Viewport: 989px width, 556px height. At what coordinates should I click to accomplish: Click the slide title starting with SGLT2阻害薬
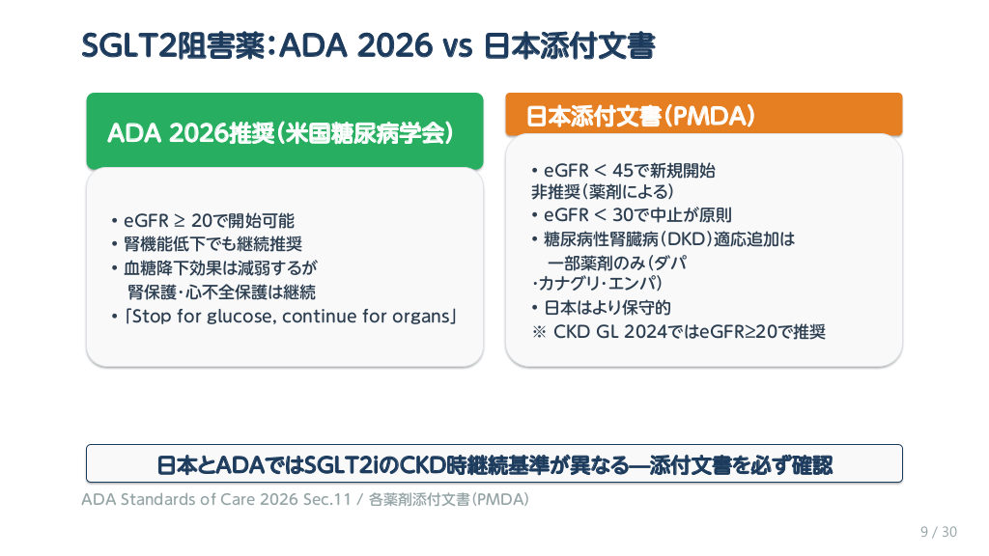click(368, 46)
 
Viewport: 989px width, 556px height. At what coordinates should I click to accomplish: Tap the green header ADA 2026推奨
click(285, 131)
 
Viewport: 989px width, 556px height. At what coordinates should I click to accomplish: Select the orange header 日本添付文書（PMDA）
click(704, 115)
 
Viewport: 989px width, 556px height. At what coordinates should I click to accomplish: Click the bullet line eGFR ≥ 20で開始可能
click(203, 221)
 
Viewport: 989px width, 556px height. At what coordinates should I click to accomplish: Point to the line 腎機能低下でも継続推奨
click(207, 244)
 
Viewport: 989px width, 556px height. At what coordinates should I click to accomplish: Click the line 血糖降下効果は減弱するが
click(213, 268)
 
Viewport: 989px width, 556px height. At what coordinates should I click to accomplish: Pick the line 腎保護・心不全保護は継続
click(221, 292)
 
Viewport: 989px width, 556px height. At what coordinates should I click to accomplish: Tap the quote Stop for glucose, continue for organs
click(284, 316)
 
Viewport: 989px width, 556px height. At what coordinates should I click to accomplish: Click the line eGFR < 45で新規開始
click(623, 170)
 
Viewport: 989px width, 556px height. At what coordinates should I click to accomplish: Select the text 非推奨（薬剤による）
click(603, 192)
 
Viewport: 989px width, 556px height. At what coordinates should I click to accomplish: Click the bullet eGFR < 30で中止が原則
click(632, 215)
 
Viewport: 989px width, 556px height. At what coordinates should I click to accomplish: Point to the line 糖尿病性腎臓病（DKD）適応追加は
click(663, 239)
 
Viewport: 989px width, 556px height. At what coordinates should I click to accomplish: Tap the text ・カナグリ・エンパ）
click(597, 283)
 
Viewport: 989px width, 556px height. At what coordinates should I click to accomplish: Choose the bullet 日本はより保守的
click(601, 308)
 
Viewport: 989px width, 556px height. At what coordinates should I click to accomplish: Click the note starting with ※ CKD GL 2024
click(679, 332)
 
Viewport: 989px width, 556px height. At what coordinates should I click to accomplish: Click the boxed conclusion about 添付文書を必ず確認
click(494, 464)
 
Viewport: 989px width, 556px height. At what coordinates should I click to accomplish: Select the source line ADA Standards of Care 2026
click(305, 499)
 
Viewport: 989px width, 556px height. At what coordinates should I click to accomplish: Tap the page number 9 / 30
click(939, 532)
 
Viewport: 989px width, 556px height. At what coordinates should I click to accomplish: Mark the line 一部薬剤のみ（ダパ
click(617, 263)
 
